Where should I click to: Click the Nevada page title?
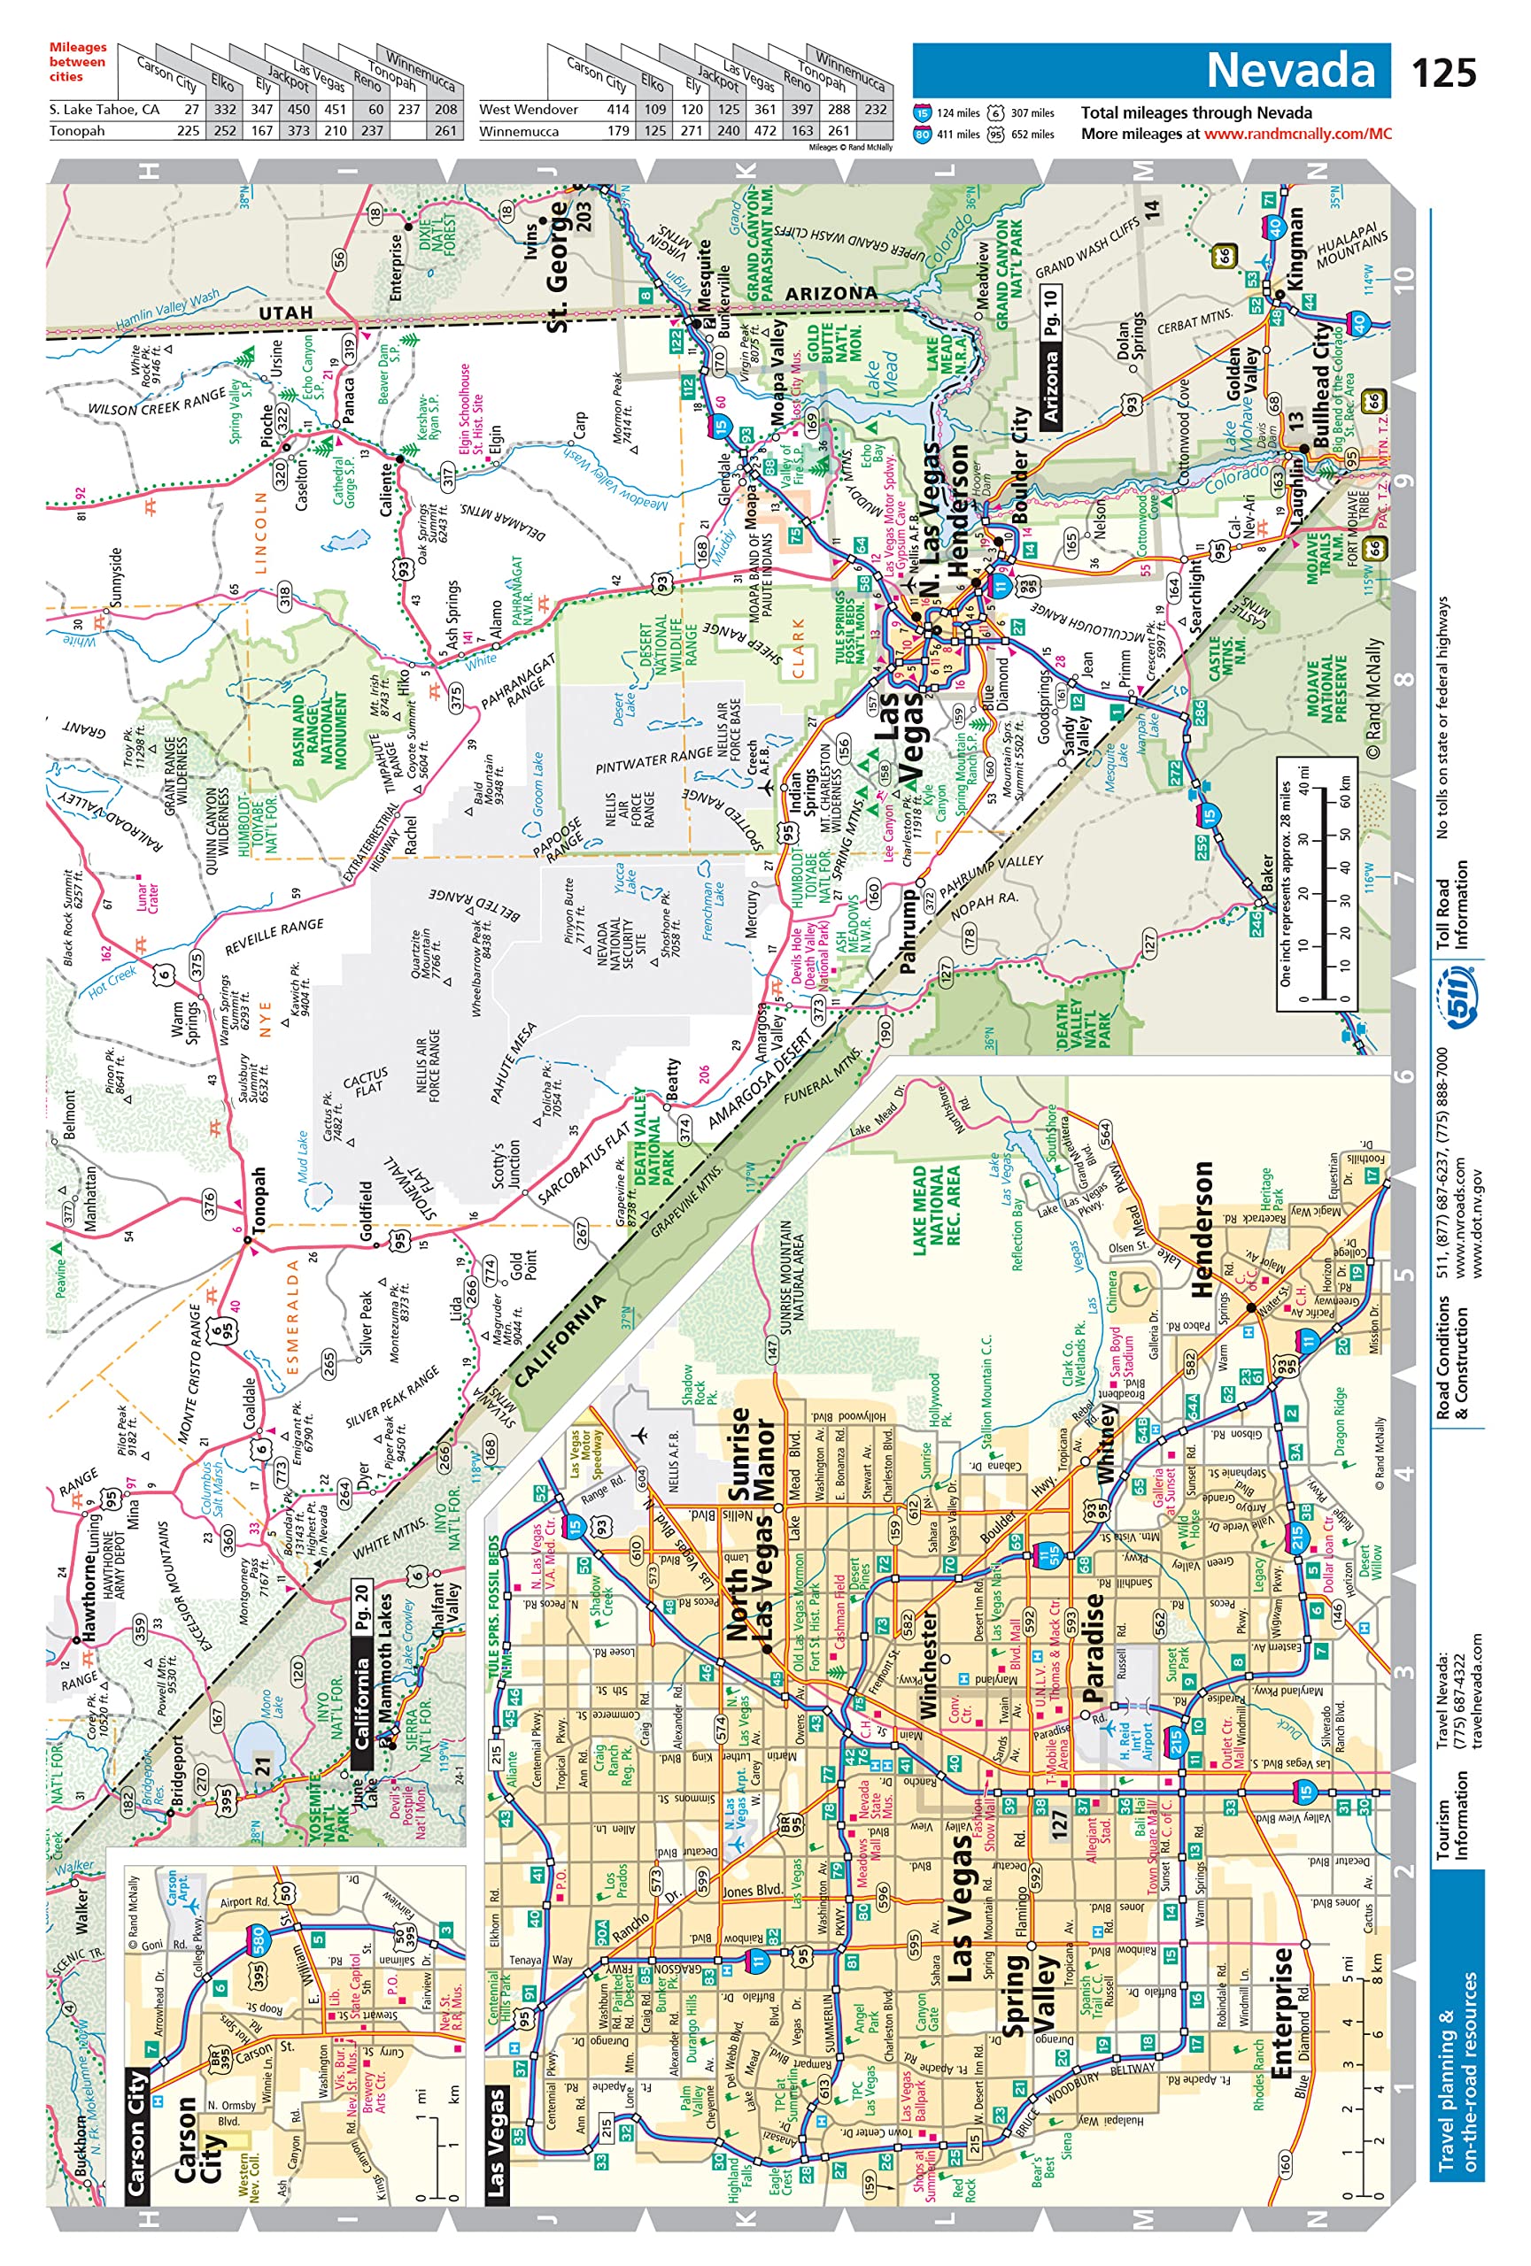(1289, 70)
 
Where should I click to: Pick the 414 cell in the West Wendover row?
(618, 109)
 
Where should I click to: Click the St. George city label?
(557, 266)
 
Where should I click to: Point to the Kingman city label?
(1295, 247)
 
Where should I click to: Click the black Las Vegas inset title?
(497, 2141)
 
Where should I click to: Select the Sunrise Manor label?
(752, 1453)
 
